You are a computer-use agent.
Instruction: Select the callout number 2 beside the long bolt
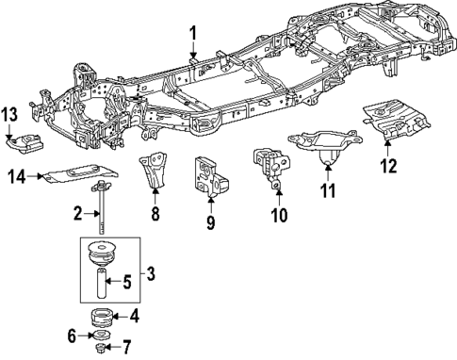(79, 215)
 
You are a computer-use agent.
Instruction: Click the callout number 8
(155, 214)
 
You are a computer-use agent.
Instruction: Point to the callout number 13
(10, 115)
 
